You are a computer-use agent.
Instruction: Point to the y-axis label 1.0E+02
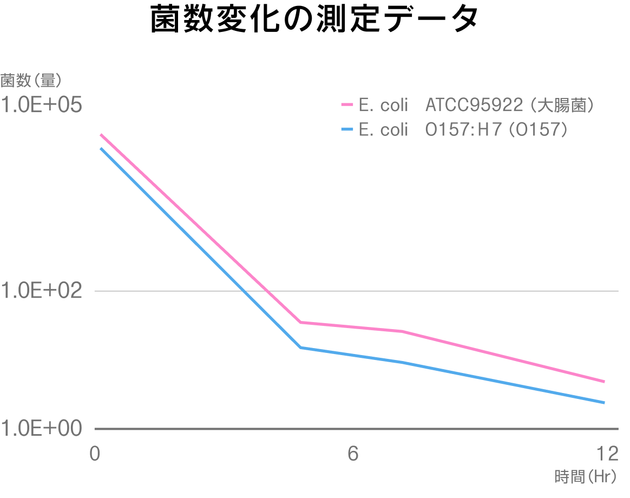[41, 291]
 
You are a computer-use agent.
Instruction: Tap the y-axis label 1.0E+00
[41, 428]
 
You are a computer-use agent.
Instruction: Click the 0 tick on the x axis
[95, 454]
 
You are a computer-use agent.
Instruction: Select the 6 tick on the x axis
[353, 454]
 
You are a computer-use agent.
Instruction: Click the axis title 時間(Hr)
[586, 477]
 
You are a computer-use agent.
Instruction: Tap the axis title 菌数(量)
[30, 80]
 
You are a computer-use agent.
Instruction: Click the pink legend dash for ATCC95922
[346, 105]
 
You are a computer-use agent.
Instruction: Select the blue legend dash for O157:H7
[346, 130]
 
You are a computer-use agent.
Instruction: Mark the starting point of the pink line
[101, 134]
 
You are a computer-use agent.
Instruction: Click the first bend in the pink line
[300, 322]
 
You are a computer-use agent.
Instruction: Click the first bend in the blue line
[300, 348]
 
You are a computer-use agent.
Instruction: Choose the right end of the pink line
[604, 382]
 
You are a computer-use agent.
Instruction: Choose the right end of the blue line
[604, 403]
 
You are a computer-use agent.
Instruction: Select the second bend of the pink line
[403, 331]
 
